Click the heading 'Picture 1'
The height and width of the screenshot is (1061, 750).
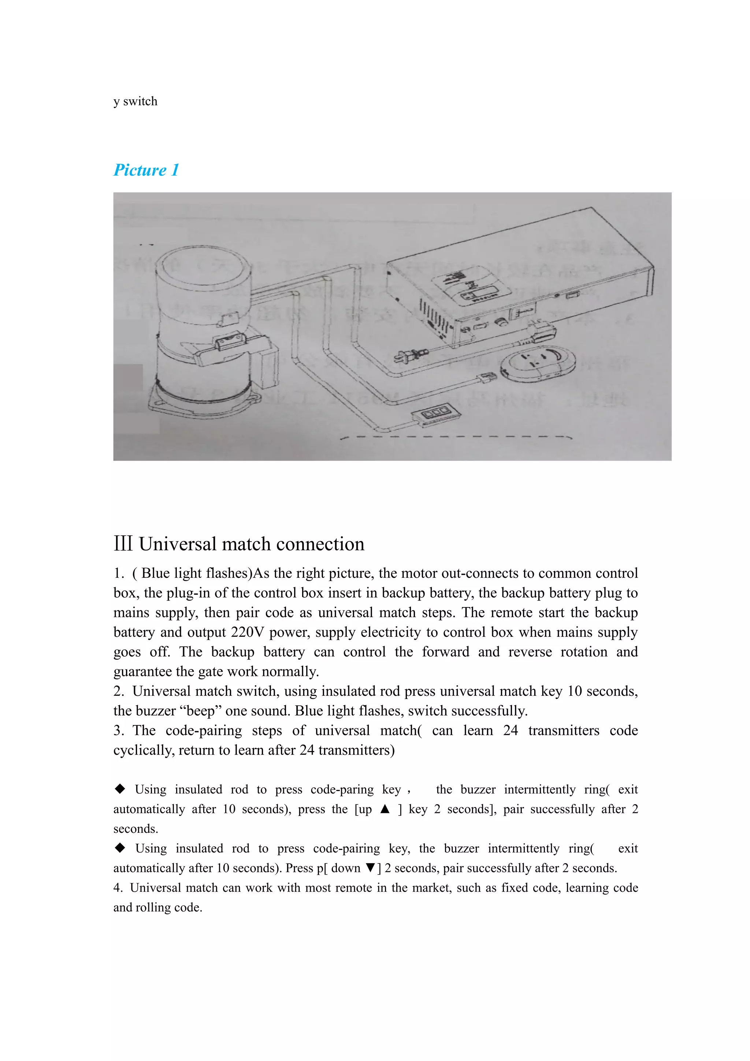point(146,170)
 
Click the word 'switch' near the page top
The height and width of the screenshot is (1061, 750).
point(140,101)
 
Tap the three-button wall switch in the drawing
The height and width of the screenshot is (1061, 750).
point(435,412)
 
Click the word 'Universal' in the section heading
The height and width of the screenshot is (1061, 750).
point(178,544)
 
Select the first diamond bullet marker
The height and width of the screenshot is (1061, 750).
point(120,789)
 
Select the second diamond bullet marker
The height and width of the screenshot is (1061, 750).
point(120,847)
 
